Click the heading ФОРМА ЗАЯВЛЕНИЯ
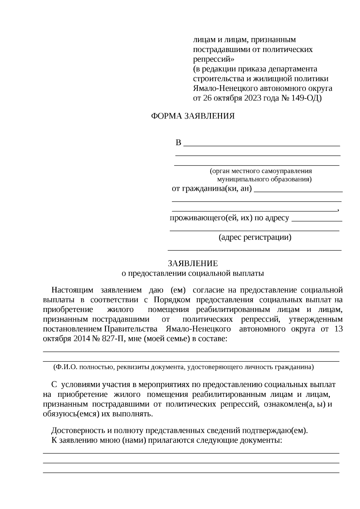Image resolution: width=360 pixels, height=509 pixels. (193, 116)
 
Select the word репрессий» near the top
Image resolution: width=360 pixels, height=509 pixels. (213, 59)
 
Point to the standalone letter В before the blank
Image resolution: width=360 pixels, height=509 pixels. (178, 143)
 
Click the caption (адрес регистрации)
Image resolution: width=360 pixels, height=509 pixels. (255, 238)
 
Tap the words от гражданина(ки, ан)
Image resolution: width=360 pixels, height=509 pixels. (211, 189)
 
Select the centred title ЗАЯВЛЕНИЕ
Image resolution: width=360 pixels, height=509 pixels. (193, 263)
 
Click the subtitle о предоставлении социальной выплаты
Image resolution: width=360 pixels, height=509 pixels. (193, 273)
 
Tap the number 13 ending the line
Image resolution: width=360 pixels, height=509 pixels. (338, 329)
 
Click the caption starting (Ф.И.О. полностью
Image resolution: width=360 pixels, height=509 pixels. (183, 367)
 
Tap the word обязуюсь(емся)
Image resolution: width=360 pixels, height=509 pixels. (71, 414)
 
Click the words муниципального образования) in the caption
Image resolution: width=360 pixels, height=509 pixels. (264, 180)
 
